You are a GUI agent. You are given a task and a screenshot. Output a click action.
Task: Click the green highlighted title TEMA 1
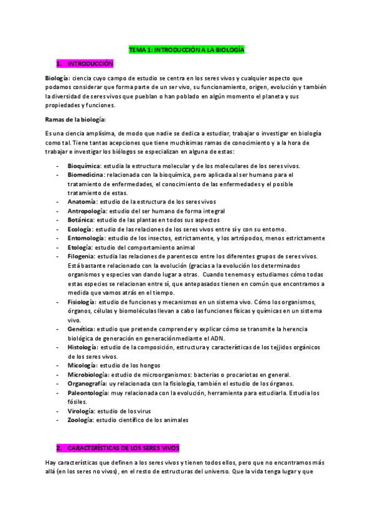click(x=186, y=49)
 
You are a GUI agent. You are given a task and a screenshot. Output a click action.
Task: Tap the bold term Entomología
click(x=86, y=238)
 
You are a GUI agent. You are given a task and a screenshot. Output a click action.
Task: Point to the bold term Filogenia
click(x=82, y=256)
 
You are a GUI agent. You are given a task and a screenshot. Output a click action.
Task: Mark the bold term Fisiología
click(x=82, y=301)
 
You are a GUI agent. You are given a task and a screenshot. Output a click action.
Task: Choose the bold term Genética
click(x=81, y=328)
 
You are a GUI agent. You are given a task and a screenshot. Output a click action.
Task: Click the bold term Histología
click(x=82, y=346)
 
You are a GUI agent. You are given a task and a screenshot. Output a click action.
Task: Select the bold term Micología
click(x=82, y=365)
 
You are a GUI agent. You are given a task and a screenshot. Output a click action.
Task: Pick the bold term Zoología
click(x=80, y=420)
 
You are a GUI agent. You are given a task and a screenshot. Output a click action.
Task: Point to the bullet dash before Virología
click(x=58, y=411)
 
